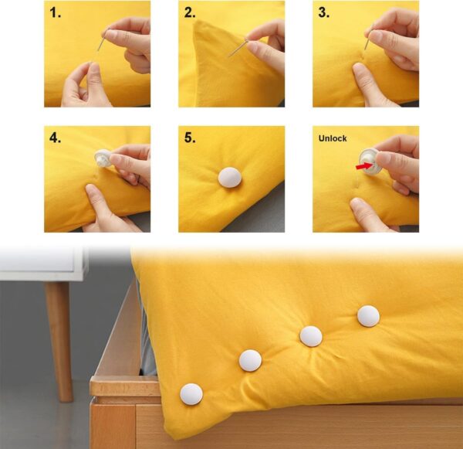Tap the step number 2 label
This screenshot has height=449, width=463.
click(190, 13)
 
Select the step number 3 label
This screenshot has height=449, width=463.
click(323, 13)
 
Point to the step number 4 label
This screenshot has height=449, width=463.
click(55, 139)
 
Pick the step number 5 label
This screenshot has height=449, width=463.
click(190, 139)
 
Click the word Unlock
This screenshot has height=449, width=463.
click(333, 138)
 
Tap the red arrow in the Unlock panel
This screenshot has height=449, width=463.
click(361, 165)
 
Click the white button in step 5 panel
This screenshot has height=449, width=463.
click(231, 177)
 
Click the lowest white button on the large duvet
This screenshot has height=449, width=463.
click(191, 393)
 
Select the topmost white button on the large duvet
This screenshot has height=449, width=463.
click(368, 315)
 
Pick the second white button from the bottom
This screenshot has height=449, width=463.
click(250, 360)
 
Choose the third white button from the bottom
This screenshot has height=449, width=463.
click(310, 335)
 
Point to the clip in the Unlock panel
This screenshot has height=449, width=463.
click(371, 161)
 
